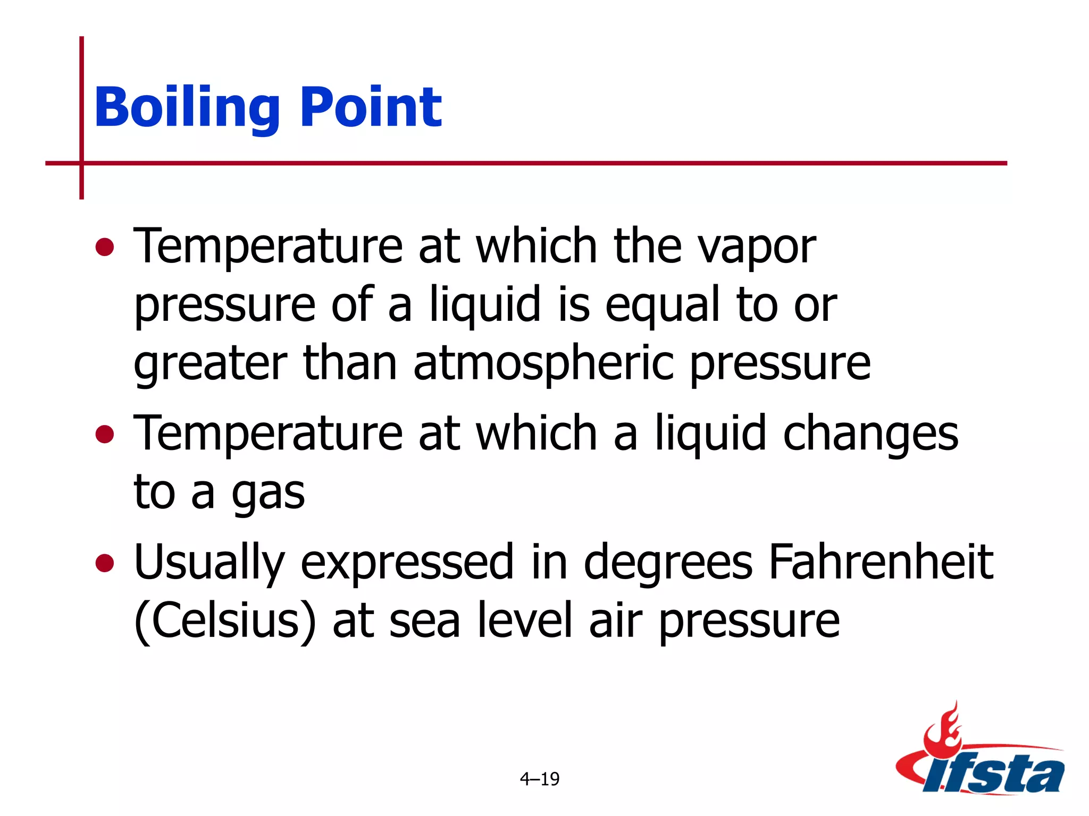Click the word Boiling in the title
click(x=187, y=108)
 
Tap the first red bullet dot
click(x=105, y=246)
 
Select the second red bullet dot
click(x=105, y=434)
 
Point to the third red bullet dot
click(x=105, y=563)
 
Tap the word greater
click(x=211, y=365)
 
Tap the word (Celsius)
click(x=224, y=622)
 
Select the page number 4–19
click(x=539, y=779)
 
